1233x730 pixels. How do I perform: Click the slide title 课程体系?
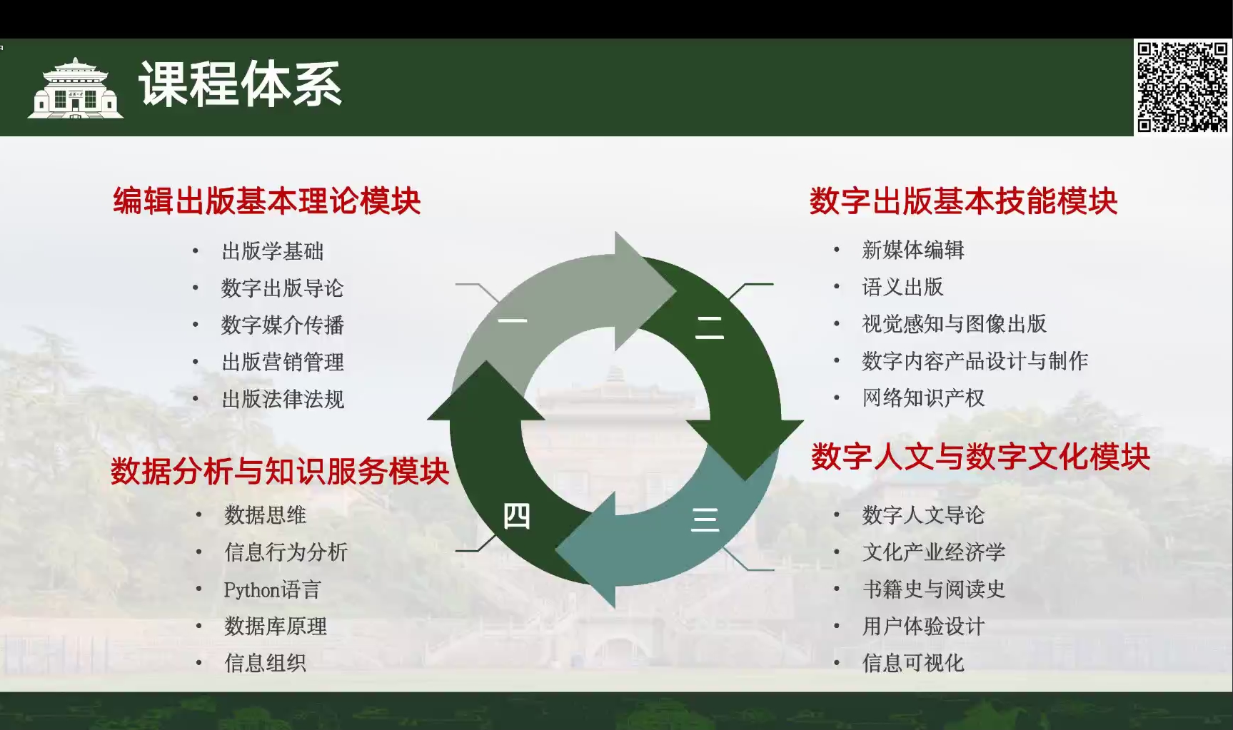coord(241,84)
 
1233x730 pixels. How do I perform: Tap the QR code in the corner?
coord(1182,87)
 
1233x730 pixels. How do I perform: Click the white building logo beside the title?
coord(75,88)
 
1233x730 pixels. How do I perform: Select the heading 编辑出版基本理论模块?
coord(267,201)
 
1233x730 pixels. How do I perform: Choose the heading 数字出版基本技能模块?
coord(964,201)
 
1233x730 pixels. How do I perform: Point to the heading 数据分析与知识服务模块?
coord(280,472)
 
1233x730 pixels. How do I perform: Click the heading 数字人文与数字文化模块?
coord(981,457)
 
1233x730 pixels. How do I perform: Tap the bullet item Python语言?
coord(272,589)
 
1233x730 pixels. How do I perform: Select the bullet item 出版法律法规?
coord(283,399)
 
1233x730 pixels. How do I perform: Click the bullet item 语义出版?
coord(903,287)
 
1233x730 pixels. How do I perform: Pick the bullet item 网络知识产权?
coord(924,397)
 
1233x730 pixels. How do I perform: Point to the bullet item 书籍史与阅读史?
coord(934,589)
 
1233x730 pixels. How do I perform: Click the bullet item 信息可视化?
coord(913,663)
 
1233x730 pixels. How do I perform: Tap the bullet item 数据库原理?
coord(276,626)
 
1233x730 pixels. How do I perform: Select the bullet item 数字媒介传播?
coord(283,325)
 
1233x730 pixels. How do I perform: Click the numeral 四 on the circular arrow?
coord(516,515)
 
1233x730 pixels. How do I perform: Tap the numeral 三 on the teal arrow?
coord(705,519)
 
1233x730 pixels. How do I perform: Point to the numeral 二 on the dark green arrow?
coord(710,327)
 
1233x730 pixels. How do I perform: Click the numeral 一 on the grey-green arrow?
coord(513,320)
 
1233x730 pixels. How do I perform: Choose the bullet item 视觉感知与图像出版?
coord(955,323)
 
